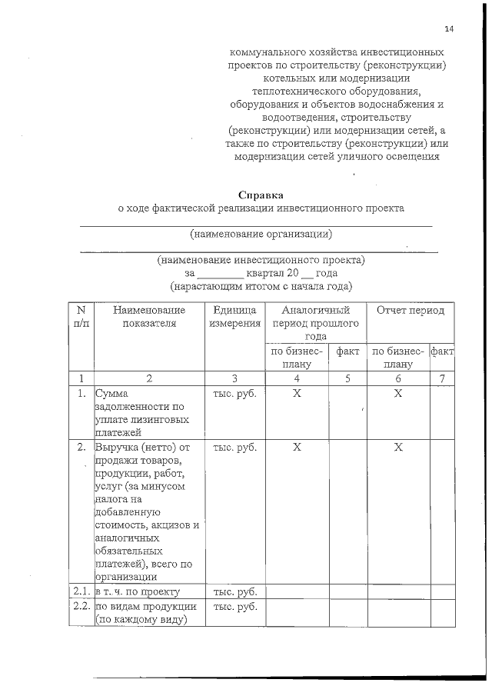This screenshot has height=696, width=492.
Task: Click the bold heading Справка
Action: pyautogui.click(x=261, y=195)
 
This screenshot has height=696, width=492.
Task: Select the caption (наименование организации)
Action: pyautogui.click(x=261, y=233)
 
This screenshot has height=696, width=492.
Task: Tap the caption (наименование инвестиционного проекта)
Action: pyautogui.click(x=261, y=260)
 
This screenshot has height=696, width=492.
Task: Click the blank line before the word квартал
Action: pyautogui.click(x=220, y=275)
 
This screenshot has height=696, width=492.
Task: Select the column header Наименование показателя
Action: pyautogui.click(x=149, y=316)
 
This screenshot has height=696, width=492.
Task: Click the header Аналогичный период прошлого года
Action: pyautogui.click(x=316, y=323)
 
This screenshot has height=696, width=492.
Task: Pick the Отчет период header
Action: pyautogui.click(x=410, y=310)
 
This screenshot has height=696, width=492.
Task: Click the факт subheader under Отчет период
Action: pyautogui.click(x=442, y=351)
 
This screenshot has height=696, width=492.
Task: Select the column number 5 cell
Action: pyautogui.click(x=348, y=378)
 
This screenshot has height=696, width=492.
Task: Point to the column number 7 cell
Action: pyautogui.click(x=442, y=378)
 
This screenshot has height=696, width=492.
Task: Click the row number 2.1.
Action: pyautogui.click(x=81, y=591)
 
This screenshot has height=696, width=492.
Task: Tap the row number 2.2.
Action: pyautogui.click(x=81, y=606)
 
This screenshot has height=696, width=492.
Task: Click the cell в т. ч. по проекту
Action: pyautogui.click(x=138, y=591)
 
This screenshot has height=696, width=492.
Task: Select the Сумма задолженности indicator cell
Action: pyautogui.click(x=138, y=407)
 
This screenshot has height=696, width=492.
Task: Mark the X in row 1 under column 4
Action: pyautogui.click(x=296, y=393)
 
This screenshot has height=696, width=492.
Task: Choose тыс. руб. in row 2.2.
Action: pyautogui.click(x=234, y=606)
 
